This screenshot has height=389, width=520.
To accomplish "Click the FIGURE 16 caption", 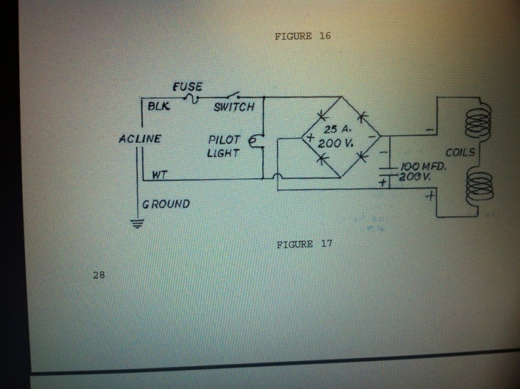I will [303, 36].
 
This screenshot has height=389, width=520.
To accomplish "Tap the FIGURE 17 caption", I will [304, 244].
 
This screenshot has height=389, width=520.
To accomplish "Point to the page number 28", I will [98, 273].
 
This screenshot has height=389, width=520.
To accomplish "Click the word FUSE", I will [187, 87].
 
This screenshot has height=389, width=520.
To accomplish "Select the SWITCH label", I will [234, 107].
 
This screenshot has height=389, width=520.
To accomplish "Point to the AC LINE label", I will [140, 138].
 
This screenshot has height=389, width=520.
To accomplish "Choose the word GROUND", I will [166, 204].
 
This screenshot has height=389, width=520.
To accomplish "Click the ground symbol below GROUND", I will [137, 225].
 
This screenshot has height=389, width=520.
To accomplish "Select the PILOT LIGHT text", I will [223, 146].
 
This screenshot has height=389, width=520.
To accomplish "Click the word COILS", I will [460, 152].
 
